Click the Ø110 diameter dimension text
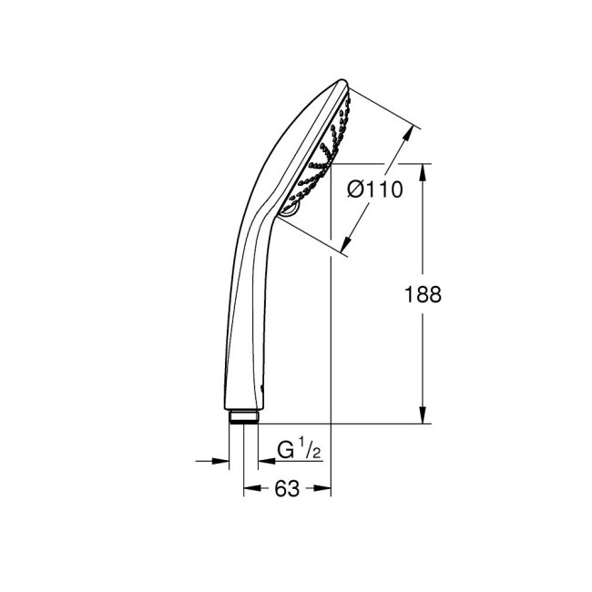click(376, 189)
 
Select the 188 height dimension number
click(423, 294)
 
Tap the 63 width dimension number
click(286, 489)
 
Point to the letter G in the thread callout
click(285, 449)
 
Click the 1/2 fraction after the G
click(310, 449)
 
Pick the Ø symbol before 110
click(358, 189)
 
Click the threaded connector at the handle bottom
click(244, 417)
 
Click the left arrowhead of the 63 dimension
click(250, 489)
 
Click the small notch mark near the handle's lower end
click(262, 387)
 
